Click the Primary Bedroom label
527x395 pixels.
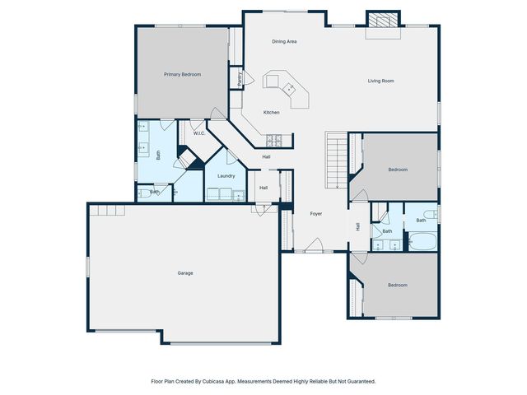coord(182,74)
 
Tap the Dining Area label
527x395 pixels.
coord(284,42)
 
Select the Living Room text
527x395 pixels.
coord(380,81)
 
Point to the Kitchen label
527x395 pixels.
coord(271,113)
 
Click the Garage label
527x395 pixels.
coord(185,273)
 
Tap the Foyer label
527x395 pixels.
coord(315,214)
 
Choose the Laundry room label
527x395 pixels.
coord(226,176)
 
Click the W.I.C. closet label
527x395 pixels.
coord(199,133)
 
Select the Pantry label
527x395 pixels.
coord(240,79)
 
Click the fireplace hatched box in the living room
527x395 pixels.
coord(383,20)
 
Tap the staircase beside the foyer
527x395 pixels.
coord(336,160)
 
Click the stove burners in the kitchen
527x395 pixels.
coord(274,141)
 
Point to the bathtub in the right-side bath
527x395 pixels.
coord(422,241)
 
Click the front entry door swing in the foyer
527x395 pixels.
coord(315,244)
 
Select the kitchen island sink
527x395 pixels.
coord(289,89)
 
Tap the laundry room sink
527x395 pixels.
coord(239,196)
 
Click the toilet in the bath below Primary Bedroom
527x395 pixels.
coord(145,193)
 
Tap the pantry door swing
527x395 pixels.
coord(249,77)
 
